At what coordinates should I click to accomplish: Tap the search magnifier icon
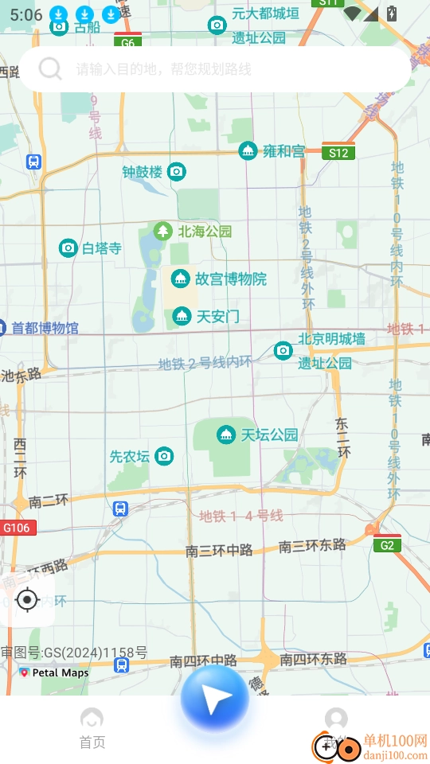tap(50, 69)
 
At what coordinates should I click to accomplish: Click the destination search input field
tap(231, 69)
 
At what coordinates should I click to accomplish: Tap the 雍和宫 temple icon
tap(248, 150)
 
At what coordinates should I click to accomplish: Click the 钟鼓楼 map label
tap(143, 171)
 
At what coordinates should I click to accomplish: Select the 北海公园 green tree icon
tap(163, 232)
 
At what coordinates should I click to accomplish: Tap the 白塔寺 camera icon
tap(68, 248)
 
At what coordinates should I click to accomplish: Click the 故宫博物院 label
tap(231, 279)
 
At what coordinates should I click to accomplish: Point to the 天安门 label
tap(217, 316)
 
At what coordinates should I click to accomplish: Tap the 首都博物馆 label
tap(45, 328)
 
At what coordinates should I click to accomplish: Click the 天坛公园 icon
tap(226, 435)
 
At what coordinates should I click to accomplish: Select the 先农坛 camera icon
tap(164, 456)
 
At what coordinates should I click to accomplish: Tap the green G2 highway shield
tap(387, 545)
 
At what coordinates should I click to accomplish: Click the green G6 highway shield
tap(127, 43)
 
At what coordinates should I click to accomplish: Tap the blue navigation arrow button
tap(214, 699)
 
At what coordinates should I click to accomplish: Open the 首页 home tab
tap(92, 728)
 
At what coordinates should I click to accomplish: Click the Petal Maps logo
tap(54, 672)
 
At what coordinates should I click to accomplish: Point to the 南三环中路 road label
tap(219, 550)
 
